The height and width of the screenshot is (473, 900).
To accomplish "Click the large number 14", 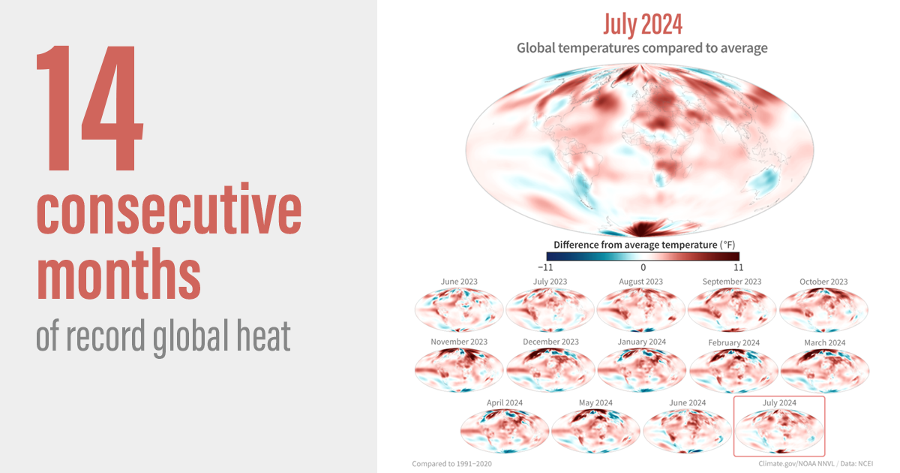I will click(90, 109).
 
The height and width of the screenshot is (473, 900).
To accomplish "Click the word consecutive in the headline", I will click(169, 213).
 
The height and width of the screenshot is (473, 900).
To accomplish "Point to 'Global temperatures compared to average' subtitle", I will click(642, 48).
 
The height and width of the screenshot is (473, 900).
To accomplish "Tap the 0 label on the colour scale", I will click(643, 267).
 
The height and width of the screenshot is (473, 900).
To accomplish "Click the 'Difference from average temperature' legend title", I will click(642, 245).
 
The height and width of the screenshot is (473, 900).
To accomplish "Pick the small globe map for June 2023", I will click(459, 310).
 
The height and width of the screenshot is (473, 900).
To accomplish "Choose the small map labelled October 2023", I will click(823, 310).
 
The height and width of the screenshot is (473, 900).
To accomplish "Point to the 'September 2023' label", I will click(731, 282).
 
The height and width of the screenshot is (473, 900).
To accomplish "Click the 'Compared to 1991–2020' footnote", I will click(451, 464).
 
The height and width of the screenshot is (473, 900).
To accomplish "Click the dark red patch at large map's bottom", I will click(643, 228).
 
